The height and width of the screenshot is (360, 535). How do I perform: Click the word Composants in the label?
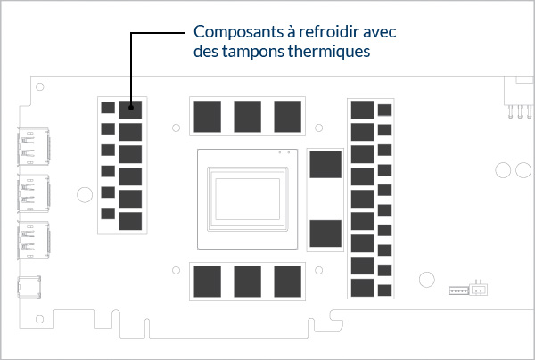234,33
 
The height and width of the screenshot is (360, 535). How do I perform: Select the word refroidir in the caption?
324,33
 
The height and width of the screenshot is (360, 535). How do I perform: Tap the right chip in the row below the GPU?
287,280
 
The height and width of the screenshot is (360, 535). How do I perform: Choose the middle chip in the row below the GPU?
247,280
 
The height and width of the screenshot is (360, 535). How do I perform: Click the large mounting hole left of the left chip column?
83,192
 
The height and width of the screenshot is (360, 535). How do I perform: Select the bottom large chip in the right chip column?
362,287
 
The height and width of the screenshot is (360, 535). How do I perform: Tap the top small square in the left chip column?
108,108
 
